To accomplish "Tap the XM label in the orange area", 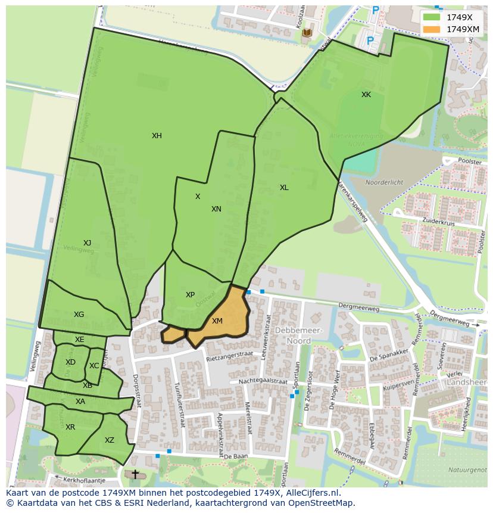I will tap(217, 321).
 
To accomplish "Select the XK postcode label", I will tap(366, 95).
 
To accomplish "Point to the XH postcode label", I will tap(157, 136).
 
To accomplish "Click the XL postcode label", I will tap(284, 188).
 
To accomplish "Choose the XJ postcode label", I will tap(88, 243).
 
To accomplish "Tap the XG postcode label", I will tap(79, 315).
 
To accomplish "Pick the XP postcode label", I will tap(190, 295).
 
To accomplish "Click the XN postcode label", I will tap(216, 209).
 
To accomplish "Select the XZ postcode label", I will tap(110, 440).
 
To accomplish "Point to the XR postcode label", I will tap(70, 427).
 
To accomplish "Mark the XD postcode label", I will tap(70, 362).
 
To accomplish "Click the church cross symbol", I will tap(135, 474).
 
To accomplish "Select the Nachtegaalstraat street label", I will tap(263, 381).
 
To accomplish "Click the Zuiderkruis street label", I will tap(439, 220).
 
